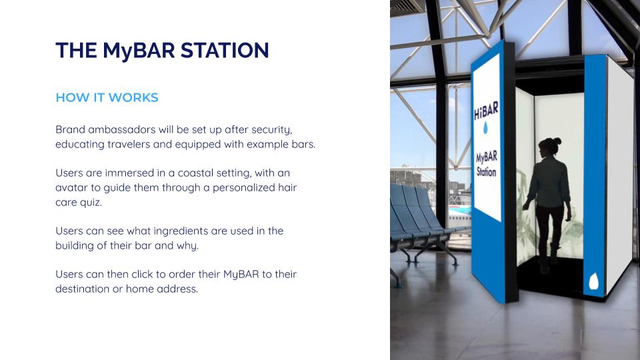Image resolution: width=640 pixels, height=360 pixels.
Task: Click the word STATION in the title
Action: click(225, 51)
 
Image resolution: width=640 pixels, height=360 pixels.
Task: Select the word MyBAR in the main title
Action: click(139, 51)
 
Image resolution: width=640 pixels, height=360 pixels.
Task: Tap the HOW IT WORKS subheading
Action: click(107, 97)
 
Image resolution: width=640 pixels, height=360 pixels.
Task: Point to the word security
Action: click(272, 130)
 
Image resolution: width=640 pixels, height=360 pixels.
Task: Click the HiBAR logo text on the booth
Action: click(486, 111)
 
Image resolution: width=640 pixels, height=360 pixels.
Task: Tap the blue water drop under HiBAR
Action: click(485, 128)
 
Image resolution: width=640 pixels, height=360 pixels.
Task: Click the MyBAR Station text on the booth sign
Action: click(486, 164)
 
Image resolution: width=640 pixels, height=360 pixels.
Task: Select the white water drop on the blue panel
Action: click(594, 281)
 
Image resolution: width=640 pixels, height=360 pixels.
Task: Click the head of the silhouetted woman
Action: click(549, 145)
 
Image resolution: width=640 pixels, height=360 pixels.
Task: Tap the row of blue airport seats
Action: click(421, 223)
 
